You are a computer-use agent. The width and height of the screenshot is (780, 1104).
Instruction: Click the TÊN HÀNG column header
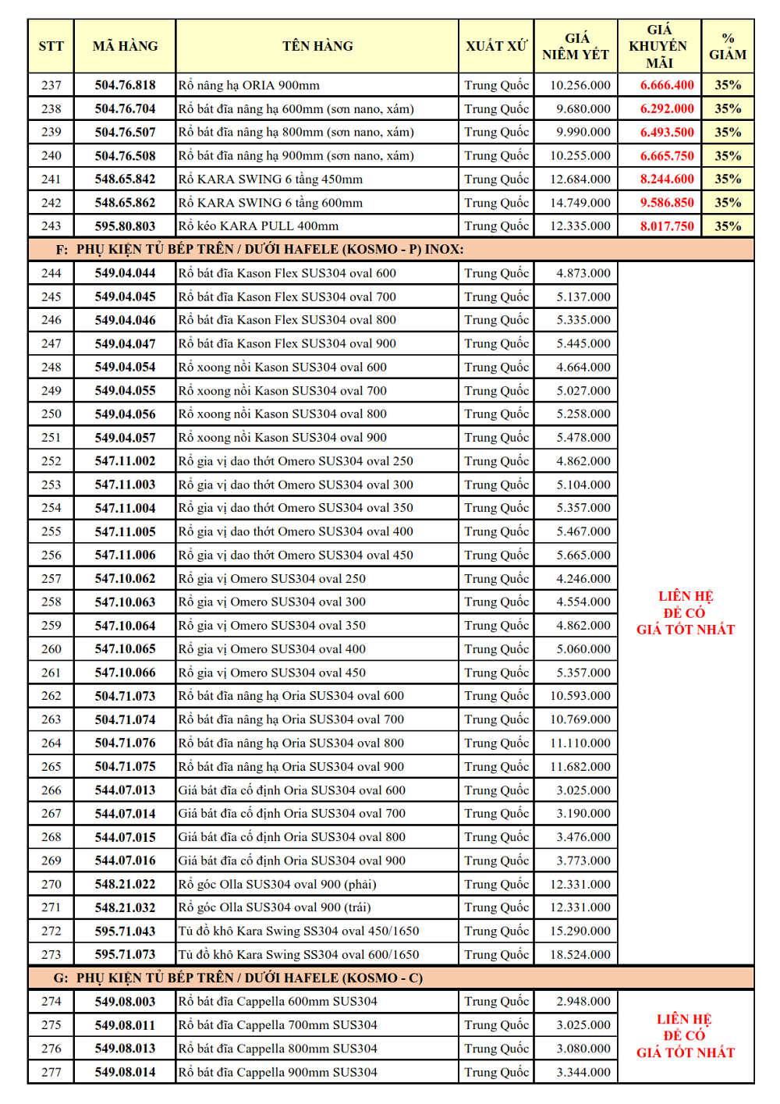tap(317, 46)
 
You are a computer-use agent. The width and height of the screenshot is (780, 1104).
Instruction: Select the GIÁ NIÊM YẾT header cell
tap(576, 46)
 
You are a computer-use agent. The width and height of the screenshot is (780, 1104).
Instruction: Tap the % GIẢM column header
tap(727, 46)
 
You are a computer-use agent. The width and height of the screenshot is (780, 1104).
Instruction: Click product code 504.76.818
tap(125, 85)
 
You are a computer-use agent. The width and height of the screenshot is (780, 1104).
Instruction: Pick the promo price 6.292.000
tap(667, 108)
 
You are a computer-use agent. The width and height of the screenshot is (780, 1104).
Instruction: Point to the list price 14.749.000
tap(580, 202)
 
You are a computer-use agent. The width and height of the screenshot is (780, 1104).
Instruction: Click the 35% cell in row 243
tap(727, 226)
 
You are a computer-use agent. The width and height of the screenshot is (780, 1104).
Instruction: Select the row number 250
tap(51, 414)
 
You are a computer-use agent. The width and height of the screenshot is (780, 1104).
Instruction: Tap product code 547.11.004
tap(125, 508)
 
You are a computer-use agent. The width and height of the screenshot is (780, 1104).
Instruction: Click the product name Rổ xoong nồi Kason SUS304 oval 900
tap(282, 438)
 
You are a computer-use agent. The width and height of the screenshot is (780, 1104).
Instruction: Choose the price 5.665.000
tap(583, 555)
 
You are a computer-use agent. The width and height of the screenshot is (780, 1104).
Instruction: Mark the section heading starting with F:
tap(270, 250)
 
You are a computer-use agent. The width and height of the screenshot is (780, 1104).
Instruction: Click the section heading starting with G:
tap(238, 978)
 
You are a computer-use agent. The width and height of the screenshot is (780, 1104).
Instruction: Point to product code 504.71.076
tap(125, 743)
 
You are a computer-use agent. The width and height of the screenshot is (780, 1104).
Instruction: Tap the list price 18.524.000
tap(580, 954)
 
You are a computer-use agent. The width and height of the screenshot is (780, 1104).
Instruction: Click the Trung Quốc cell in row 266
tap(496, 790)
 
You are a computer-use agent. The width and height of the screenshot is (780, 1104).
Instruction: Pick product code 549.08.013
tap(125, 1049)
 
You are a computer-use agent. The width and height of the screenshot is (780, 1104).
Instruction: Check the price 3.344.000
tap(583, 1072)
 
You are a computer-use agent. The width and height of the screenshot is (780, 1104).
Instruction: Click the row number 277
tap(51, 1072)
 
